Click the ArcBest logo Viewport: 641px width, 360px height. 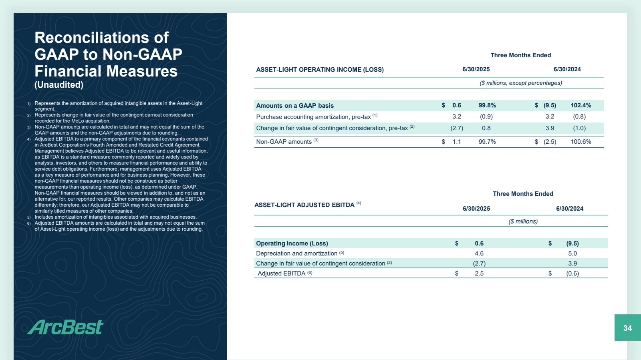click(x=65, y=327)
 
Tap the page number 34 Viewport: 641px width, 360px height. click(x=627, y=328)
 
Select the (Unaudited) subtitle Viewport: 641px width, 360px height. click(x=59, y=85)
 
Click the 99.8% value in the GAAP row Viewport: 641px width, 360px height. click(x=487, y=105)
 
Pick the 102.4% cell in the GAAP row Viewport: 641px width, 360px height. click(x=581, y=105)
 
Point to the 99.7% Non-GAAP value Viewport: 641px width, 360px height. click(x=487, y=142)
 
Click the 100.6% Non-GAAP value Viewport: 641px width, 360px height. click(x=581, y=142)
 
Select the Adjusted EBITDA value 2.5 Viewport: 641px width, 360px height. click(x=479, y=274)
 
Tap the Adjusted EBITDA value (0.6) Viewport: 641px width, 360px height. click(x=572, y=274)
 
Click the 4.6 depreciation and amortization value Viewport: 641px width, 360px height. click(x=479, y=253)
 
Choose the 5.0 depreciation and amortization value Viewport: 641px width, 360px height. click(x=572, y=253)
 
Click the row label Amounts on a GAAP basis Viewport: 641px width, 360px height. click(x=295, y=106)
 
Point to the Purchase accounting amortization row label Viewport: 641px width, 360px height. click(x=313, y=117)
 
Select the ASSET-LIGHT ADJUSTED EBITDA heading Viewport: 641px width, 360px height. click(x=304, y=205)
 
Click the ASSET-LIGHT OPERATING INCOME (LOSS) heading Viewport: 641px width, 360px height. click(x=320, y=70)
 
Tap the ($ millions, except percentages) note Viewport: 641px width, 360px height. click(x=520, y=83)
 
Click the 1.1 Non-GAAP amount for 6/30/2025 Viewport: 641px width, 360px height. click(x=457, y=142)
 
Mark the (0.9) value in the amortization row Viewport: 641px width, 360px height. click(x=486, y=117)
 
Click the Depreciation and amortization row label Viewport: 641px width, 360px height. click(x=296, y=253)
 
